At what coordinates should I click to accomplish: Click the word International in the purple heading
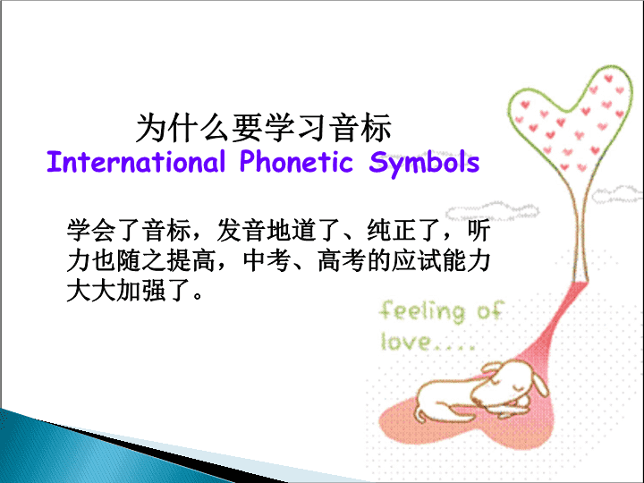click(136, 161)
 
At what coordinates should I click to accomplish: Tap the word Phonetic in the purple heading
click(296, 161)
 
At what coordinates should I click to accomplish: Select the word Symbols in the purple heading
click(424, 164)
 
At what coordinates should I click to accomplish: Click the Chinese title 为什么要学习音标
click(264, 128)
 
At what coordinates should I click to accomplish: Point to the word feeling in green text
click(422, 311)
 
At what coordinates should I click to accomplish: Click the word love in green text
click(406, 342)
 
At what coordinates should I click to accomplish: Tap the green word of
click(490, 310)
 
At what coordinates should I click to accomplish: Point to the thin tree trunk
click(580, 230)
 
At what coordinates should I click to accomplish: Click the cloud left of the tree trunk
click(493, 211)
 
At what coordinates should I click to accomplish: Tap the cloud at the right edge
click(617, 194)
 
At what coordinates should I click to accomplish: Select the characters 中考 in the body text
click(267, 260)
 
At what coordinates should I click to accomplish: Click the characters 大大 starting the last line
click(91, 291)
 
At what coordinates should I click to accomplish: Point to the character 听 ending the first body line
click(479, 230)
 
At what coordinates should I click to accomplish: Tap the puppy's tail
click(419, 412)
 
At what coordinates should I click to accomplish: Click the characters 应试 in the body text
click(417, 260)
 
